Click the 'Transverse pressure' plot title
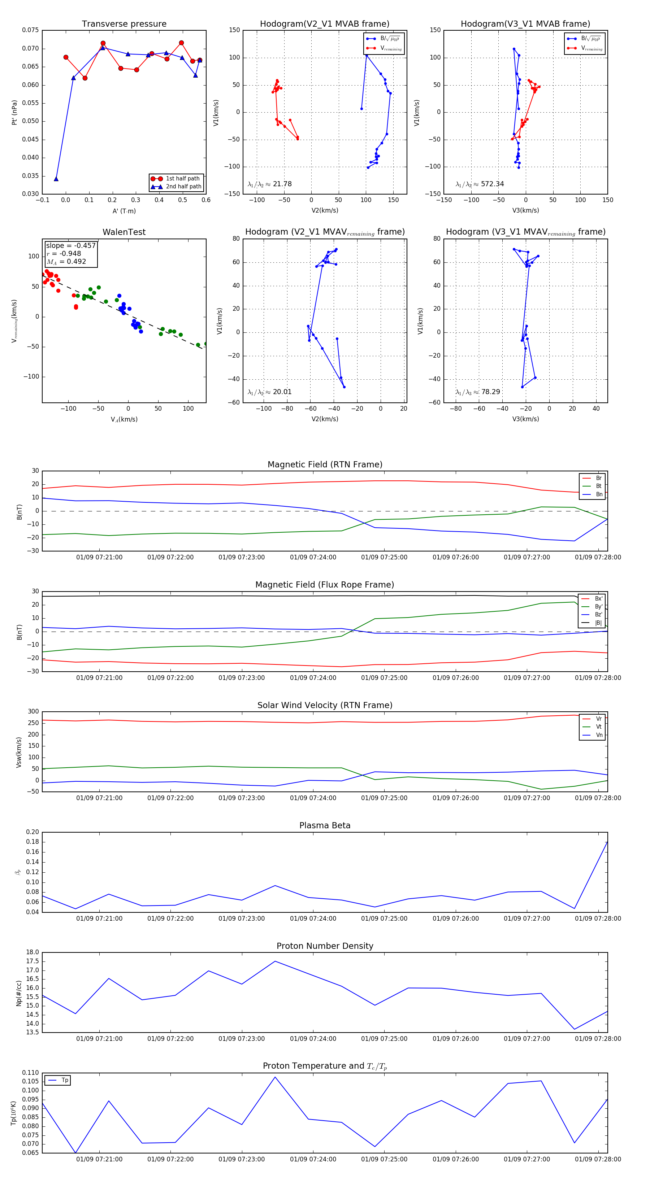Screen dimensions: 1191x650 tap(124, 24)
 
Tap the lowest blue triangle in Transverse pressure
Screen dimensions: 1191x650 tap(56, 179)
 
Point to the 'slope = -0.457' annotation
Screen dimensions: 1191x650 tap(71, 245)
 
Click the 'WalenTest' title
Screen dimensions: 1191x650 tap(124, 232)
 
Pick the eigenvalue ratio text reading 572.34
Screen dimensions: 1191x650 tap(480, 184)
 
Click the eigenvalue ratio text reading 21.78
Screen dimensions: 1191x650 tap(270, 184)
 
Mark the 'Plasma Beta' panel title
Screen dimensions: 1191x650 tap(325, 826)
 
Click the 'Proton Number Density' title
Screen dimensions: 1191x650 tap(325, 946)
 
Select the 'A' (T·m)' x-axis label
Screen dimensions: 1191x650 tap(124, 211)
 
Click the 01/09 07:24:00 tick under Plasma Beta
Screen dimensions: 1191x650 tap(313, 918)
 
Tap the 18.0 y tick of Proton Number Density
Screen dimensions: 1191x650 tap(32, 952)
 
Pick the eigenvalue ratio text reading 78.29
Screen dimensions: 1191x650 tap(478, 392)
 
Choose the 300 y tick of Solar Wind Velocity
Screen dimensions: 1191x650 tap(33, 712)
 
